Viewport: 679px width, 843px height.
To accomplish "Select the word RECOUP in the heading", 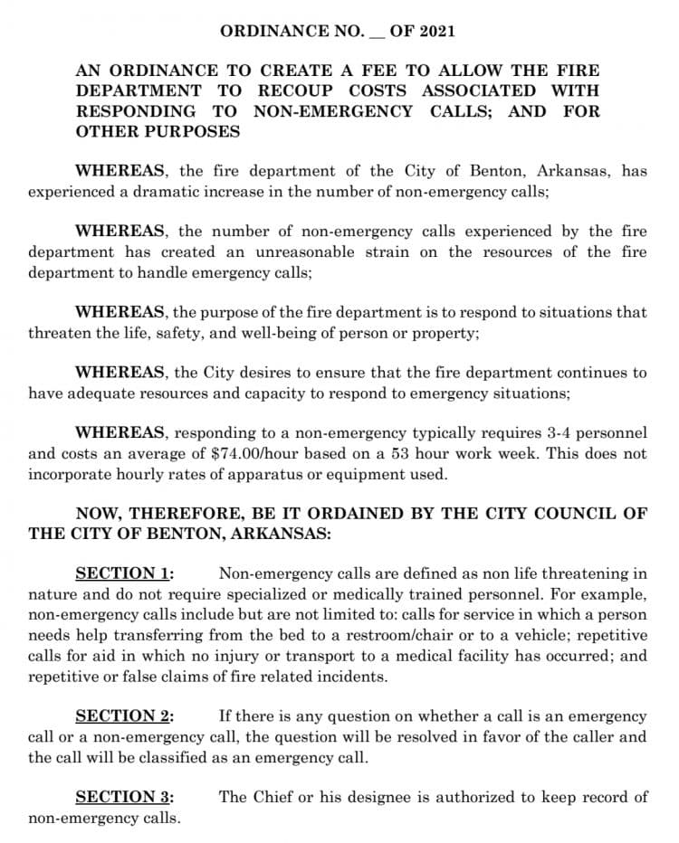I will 295,90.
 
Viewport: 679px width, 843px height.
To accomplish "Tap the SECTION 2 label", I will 124,715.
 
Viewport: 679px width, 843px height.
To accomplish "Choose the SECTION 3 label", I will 124,797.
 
